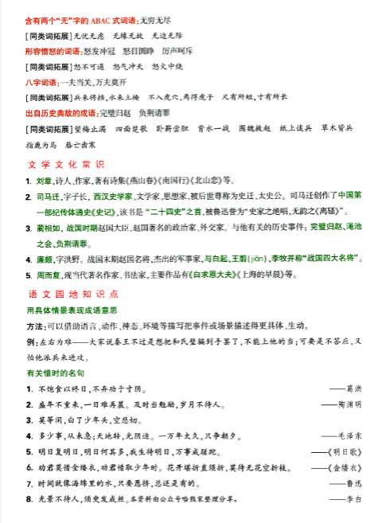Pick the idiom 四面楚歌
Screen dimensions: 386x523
click(131, 127)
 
